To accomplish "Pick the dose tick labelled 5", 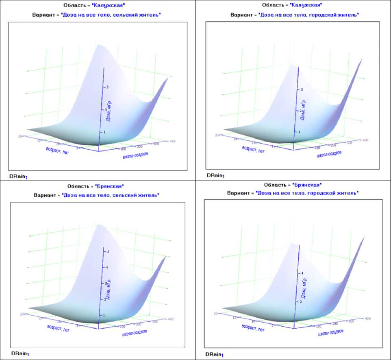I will point(107,252).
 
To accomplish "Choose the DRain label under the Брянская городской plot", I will point(215,355).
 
